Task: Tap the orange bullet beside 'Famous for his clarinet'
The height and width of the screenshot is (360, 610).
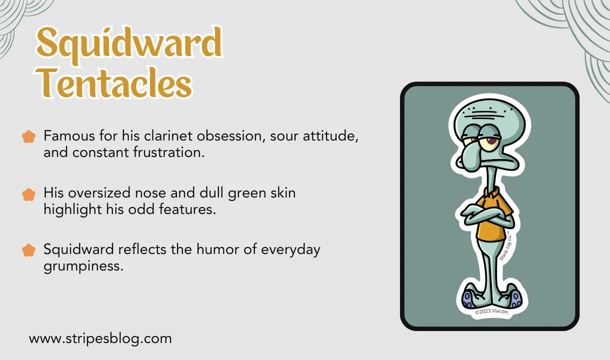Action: click(x=29, y=136)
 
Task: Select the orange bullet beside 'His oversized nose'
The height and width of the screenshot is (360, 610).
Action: click(x=29, y=194)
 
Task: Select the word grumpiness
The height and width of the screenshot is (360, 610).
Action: click(x=83, y=265)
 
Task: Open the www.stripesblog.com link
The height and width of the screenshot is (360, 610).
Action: click(x=100, y=338)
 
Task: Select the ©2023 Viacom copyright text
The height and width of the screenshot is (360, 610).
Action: click(x=490, y=311)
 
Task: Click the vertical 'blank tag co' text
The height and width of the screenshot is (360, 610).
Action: click(x=506, y=246)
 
